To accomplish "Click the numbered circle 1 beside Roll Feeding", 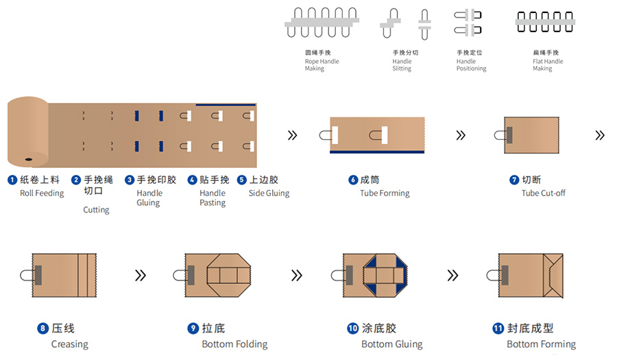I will pyautogui.click(x=12, y=180).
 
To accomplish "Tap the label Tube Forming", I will pyautogui.click(x=385, y=193).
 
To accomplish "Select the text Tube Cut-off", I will pyautogui.click(x=543, y=193).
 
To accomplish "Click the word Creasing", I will pyautogui.click(x=69, y=344).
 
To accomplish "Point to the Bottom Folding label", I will pyautogui.click(x=234, y=344).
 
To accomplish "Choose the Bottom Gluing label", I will pyautogui.click(x=391, y=344).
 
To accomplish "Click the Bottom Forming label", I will pyautogui.click(x=541, y=344).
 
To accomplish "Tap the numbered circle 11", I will pyautogui.click(x=498, y=328).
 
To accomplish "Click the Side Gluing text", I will pyautogui.click(x=269, y=193).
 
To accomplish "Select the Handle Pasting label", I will pyautogui.click(x=213, y=198).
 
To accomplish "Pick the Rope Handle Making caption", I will pyautogui.click(x=322, y=61).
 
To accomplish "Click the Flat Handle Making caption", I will pyautogui.click(x=547, y=61).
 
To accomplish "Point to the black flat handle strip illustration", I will pyautogui.click(x=545, y=20).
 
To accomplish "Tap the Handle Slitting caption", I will pyautogui.click(x=402, y=61).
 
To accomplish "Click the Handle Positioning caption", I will pyautogui.click(x=471, y=61).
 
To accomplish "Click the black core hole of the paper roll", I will pyautogui.click(x=28, y=159).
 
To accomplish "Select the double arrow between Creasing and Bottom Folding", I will pyautogui.click(x=140, y=275).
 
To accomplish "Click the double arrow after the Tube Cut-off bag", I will pyautogui.click(x=600, y=136).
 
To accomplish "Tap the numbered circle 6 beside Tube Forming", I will pyautogui.click(x=353, y=180).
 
